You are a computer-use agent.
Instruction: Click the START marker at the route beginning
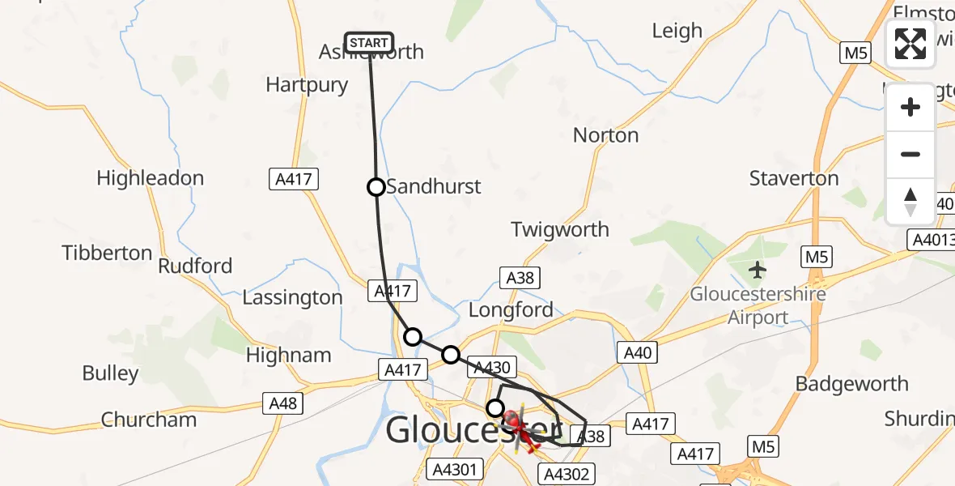pos(369,42)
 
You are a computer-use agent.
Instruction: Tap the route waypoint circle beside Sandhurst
pos(376,187)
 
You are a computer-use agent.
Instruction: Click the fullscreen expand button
pos(910,44)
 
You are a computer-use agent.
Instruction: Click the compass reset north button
pos(910,202)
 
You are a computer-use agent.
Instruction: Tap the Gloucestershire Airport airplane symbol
pos(758,268)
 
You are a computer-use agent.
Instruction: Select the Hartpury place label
pos(307,85)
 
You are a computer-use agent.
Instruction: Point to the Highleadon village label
pos(150,178)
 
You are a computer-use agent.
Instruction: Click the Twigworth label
pos(560,230)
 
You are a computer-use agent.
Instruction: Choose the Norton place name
pos(605,135)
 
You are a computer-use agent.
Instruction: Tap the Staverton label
pos(794,179)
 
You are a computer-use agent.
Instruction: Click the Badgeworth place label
pos(851,384)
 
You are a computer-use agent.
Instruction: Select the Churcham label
pos(149,420)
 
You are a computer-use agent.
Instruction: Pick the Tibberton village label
pos(107,254)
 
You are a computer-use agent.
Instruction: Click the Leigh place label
pos(677,32)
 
